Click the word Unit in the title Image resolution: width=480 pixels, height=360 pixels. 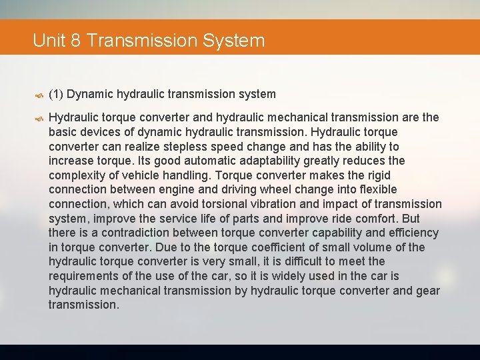49,41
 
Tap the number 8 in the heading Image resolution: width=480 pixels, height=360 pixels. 75,41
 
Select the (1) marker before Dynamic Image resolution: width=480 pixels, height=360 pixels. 56,94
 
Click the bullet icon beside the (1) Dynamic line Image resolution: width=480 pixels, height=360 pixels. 39,95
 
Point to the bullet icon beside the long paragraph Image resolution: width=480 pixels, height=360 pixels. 39,118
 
